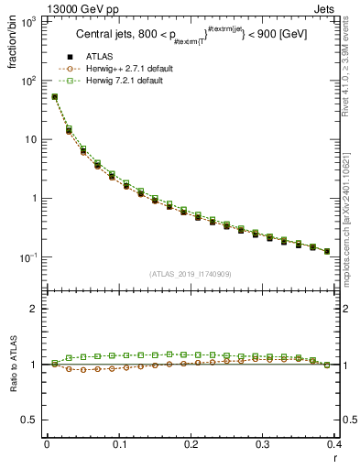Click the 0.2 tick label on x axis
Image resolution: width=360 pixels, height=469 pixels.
pos(191,445)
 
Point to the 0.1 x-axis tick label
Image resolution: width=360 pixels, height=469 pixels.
pos(118,445)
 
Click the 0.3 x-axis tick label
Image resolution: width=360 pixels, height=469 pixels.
pos(263,445)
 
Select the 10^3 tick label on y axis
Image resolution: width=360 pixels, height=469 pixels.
pos(28,22)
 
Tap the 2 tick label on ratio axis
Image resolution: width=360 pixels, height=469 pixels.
pos(34,310)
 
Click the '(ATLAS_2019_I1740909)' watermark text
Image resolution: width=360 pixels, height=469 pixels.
pos(191,274)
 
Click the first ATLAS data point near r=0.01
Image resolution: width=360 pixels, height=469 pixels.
pos(54,96)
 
